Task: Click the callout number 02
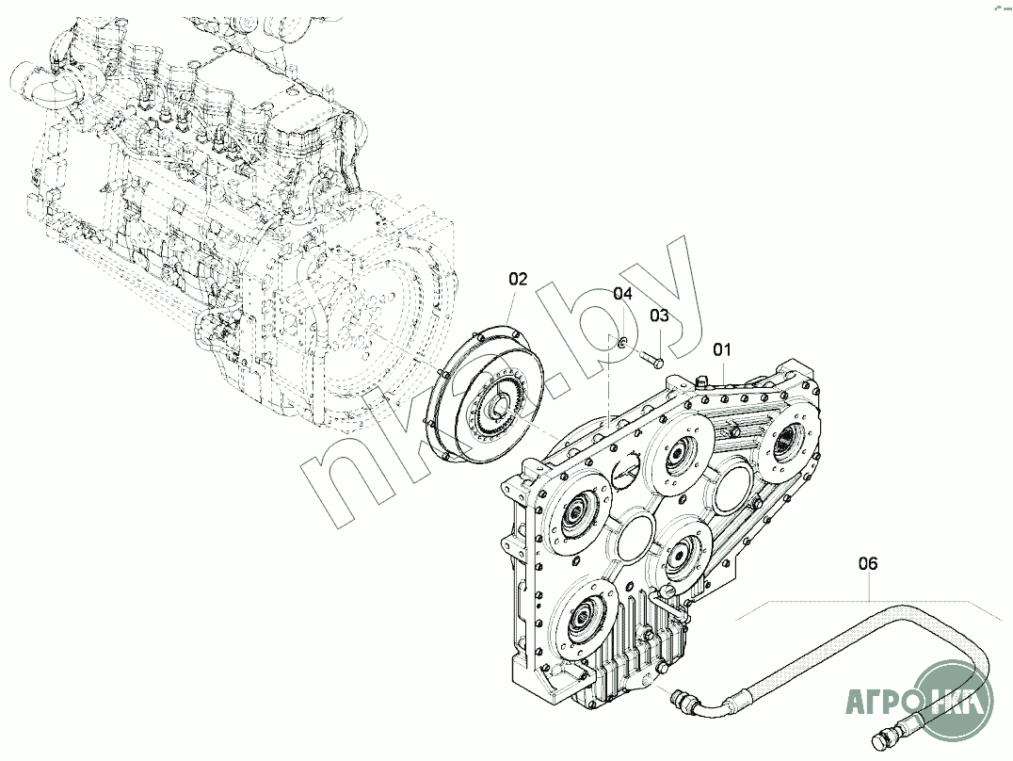click(518, 279)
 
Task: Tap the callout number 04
click(622, 294)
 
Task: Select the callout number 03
click(659, 316)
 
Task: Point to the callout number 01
click(722, 349)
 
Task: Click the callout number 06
click(868, 563)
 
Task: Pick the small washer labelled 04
click(620, 343)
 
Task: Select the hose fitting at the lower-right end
click(882, 741)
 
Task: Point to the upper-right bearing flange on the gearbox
click(785, 441)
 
